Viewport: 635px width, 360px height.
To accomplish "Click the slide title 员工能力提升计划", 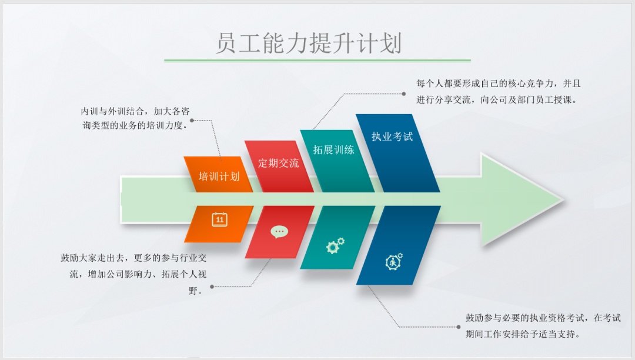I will click(x=308, y=43).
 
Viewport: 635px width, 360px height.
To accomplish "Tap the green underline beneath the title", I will click(x=317, y=60).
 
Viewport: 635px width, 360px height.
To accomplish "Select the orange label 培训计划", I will click(x=219, y=176).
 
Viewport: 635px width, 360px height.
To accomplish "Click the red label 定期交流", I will click(x=278, y=163).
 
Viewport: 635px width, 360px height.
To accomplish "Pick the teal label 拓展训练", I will click(x=333, y=149).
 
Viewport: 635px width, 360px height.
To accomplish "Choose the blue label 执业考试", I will click(x=392, y=136).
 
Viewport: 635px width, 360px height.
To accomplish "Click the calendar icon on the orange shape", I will click(x=219, y=219).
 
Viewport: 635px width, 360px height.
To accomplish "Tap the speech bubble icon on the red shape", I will click(x=279, y=231).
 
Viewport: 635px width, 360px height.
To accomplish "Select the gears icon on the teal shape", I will click(x=335, y=245).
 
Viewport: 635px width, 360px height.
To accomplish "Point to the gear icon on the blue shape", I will click(x=393, y=261).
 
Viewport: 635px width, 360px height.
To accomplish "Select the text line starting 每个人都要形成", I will click(x=499, y=84).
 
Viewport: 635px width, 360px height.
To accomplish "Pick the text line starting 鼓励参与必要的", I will click(x=543, y=318).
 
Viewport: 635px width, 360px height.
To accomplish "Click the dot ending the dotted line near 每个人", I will click(x=403, y=93).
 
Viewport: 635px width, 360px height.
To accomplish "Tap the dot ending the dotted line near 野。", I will click(x=212, y=287).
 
